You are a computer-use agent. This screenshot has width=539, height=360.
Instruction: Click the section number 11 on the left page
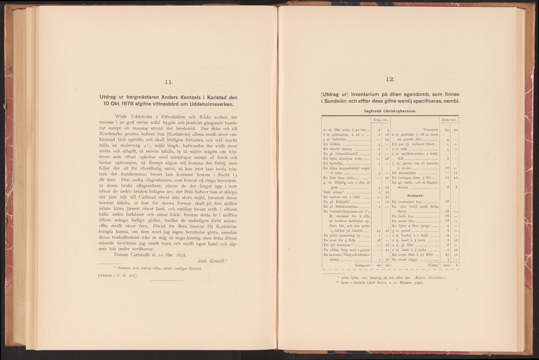[x=169, y=82]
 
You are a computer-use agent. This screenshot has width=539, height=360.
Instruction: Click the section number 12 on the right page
[x=390, y=79]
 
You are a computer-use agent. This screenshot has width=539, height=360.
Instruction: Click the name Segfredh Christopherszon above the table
[x=390, y=111]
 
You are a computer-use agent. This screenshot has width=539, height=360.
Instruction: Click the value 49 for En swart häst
[x=446, y=254]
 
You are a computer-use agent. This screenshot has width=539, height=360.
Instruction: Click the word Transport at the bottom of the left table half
[x=362, y=266]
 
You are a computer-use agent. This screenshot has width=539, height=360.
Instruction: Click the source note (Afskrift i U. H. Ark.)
[x=118, y=276]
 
